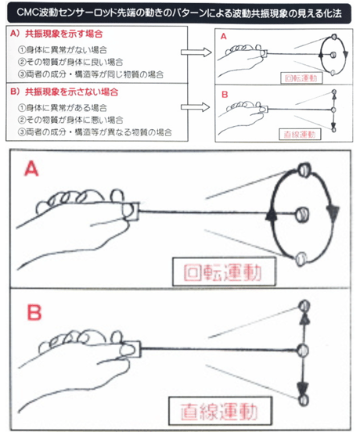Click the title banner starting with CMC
tap(180, 13)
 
